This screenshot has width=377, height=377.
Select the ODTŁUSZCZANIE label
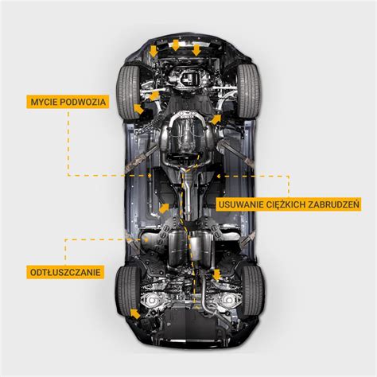point(65,272)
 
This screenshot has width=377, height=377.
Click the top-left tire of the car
point(129,92)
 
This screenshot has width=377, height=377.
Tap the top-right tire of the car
point(248,91)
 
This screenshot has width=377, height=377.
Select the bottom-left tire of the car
point(128,291)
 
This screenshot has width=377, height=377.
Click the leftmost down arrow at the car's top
point(154,51)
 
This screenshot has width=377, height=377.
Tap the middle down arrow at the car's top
point(175,45)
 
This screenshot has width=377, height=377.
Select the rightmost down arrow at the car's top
point(196,50)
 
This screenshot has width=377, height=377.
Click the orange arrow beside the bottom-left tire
point(135,313)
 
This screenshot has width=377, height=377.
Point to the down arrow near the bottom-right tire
point(216,274)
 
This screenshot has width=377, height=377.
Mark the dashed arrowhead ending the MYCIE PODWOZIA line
point(150,175)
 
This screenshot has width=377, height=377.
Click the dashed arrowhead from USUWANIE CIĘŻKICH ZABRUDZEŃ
point(219,176)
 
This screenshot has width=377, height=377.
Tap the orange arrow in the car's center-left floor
point(164,208)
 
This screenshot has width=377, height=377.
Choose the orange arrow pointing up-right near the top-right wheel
point(216,119)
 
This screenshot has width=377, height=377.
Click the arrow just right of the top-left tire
point(138,109)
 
